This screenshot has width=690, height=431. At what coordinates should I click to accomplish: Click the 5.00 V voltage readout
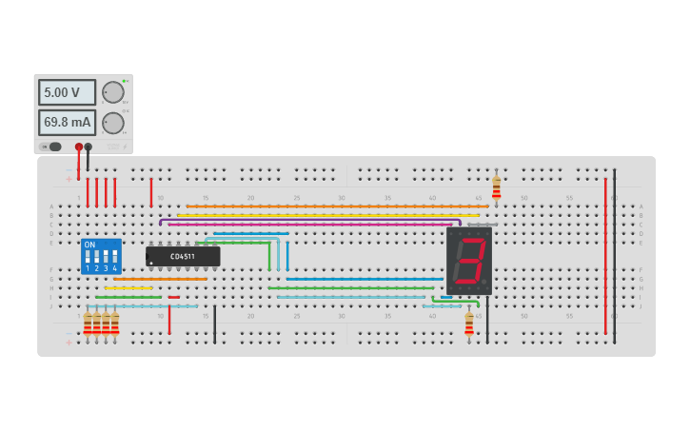point(67,92)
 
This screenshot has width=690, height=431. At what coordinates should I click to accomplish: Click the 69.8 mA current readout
point(67,123)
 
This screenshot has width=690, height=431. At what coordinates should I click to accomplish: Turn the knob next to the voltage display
point(113,92)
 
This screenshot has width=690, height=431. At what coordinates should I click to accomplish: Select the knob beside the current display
point(113,123)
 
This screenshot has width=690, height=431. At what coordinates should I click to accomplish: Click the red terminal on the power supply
point(79,147)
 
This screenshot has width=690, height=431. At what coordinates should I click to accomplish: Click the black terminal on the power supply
point(89,147)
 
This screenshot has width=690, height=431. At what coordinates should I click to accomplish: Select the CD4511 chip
point(183,256)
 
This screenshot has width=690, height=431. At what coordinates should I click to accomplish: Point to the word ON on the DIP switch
point(90,245)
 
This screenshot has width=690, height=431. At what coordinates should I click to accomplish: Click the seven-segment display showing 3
point(468,261)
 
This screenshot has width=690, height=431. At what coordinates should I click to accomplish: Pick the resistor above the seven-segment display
point(496,187)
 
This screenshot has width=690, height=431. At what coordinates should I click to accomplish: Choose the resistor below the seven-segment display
point(469,323)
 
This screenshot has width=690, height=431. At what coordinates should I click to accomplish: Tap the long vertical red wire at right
point(605,257)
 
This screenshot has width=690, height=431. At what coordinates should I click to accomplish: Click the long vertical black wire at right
point(615,257)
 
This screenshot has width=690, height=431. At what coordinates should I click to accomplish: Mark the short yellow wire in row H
point(128,288)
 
